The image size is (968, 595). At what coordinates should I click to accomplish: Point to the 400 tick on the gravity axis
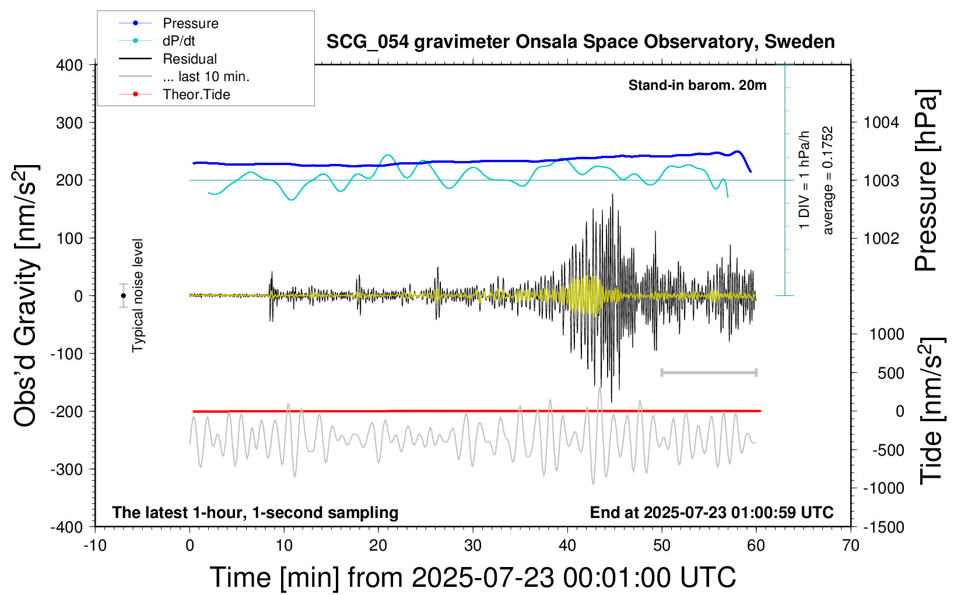pos(69,65)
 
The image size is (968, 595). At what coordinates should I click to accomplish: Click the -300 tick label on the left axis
pos(66,469)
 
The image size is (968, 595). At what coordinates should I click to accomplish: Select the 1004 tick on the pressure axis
pos(881,123)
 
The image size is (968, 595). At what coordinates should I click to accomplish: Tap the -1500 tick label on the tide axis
pos(883,527)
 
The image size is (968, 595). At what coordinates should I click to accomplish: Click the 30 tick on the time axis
pos(473,545)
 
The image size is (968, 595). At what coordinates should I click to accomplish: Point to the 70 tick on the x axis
pos(850,545)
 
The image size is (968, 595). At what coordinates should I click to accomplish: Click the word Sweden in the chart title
pos(799,42)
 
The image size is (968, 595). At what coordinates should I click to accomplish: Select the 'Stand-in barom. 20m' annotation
pos(697,85)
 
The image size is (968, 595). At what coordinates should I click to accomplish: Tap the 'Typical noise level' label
pos(138,296)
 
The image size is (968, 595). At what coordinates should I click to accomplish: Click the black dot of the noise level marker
pos(123,296)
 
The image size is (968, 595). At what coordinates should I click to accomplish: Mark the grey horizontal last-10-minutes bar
pos(709,372)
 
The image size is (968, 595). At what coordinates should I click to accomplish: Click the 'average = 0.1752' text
pos(827,180)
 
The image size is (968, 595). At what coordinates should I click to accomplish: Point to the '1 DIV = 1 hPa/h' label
pos(804,180)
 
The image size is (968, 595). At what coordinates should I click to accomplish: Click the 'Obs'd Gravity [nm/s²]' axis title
pos(25,296)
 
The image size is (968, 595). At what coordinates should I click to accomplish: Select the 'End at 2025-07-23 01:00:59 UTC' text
pos(712,512)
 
